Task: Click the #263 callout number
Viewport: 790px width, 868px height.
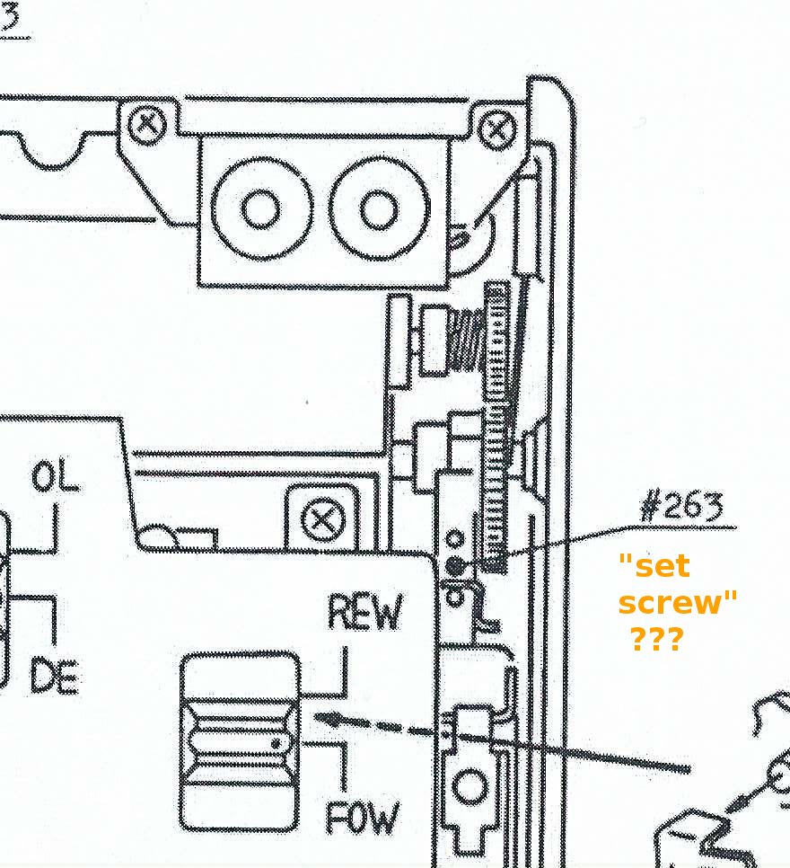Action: (681, 507)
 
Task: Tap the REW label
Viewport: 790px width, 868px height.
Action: (365, 612)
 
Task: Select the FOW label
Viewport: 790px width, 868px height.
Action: (363, 818)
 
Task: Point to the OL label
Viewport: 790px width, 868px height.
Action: (55, 476)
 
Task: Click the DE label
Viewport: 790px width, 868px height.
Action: (54, 676)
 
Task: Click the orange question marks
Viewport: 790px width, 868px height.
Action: (657, 639)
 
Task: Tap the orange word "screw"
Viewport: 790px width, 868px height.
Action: (678, 602)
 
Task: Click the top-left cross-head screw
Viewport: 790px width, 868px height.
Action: (147, 125)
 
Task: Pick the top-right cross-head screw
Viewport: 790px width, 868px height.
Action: (496, 130)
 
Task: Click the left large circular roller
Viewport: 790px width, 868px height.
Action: (261, 209)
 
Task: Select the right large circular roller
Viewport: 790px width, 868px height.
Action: (380, 209)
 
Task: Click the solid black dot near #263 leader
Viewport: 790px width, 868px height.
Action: (455, 566)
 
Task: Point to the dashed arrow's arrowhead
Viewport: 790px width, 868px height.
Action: (328, 719)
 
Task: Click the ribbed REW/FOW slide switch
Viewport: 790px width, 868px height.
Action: (240, 742)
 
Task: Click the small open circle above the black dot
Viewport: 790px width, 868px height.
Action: (455, 538)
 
